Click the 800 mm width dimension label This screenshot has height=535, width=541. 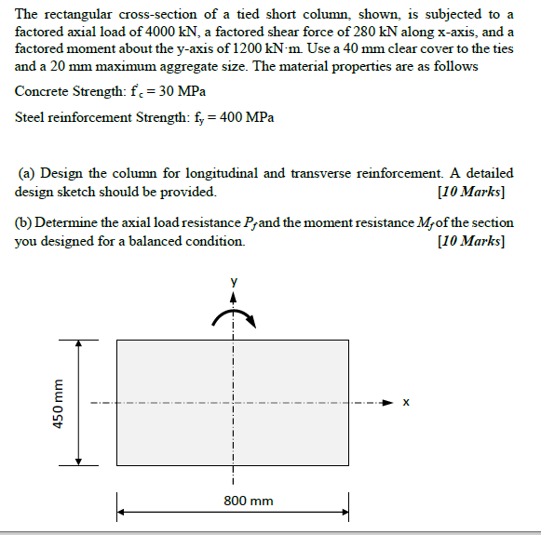coord(249,501)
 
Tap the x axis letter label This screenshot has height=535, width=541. coord(405,403)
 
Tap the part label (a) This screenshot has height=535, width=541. coord(26,173)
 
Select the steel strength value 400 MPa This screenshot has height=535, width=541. coord(246,118)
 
